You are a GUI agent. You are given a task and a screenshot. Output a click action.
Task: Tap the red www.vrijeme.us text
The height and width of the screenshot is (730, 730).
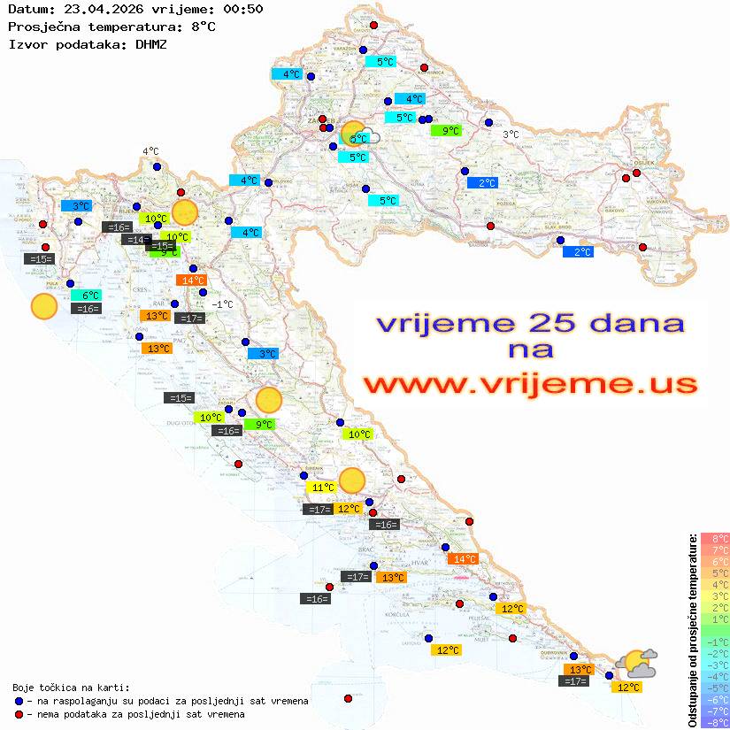pyautogui.click(x=529, y=384)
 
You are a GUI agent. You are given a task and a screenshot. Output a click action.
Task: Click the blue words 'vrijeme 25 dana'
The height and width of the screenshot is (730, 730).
pyautogui.click(x=529, y=323)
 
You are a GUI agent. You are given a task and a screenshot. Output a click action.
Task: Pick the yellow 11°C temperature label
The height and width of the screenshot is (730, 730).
pyautogui.click(x=321, y=487)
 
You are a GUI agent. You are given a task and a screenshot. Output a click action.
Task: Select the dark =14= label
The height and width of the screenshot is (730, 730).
pyautogui.click(x=135, y=239)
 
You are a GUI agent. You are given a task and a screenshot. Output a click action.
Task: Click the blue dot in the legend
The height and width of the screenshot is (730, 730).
pyautogui.click(x=19, y=701)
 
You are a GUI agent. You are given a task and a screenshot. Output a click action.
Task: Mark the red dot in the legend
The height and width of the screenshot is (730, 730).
pyautogui.click(x=19, y=714)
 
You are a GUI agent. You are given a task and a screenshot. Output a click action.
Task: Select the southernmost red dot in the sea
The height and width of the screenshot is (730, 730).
pyautogui.click(x=348, y=698)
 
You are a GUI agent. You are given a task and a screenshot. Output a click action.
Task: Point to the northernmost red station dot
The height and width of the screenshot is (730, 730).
pyautogui.click(x=373, y=25)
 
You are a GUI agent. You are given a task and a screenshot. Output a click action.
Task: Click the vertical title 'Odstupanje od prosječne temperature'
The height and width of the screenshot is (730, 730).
pyautogui.click(x=692, y=629)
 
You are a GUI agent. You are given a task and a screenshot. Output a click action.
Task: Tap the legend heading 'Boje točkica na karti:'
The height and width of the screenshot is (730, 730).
pyautogui.click(x=71, y=687)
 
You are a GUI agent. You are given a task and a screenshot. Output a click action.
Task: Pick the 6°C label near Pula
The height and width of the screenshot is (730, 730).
pyautogui.click(x=89, y=295)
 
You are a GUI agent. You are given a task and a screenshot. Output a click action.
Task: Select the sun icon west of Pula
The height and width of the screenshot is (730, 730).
pyautogui.click(x=43, y=306)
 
